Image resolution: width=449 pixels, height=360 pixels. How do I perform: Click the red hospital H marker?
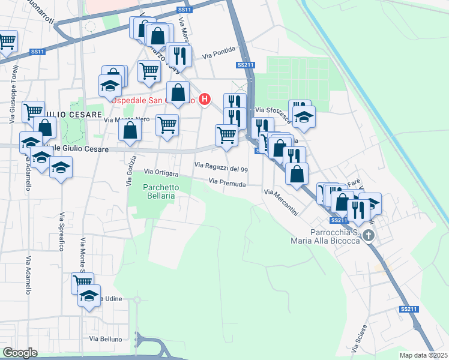coord(205,99)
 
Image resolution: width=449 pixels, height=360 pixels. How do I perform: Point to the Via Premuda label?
coord(228,182)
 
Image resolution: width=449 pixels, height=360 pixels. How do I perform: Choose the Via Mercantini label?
coord(281,203)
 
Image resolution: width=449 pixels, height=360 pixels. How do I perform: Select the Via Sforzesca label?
coord(269,110)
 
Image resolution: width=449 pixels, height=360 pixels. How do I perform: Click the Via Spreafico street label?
coord(62,232)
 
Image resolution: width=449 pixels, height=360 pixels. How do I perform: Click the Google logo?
coord(20,352)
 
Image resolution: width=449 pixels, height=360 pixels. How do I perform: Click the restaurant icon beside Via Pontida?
coord(180,56)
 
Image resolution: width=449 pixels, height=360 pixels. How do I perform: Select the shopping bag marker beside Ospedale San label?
coord(178,93)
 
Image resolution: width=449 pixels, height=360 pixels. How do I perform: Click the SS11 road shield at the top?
coord(184,10)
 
